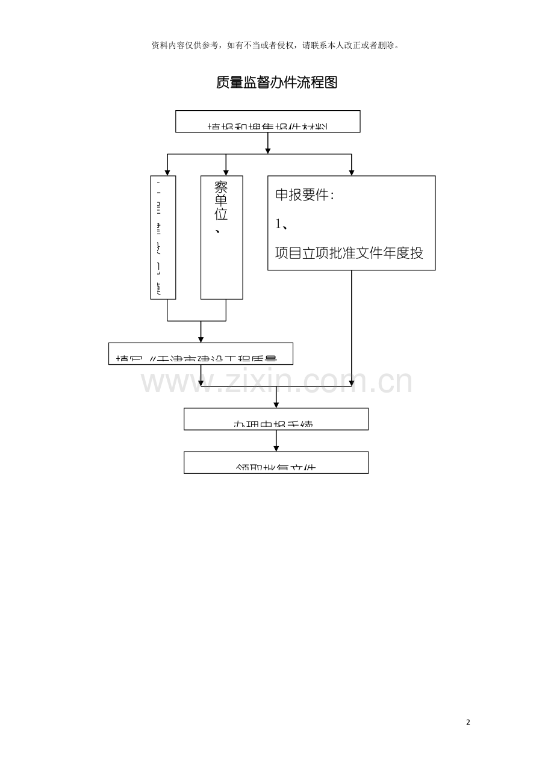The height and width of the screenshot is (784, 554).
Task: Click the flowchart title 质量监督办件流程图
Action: pos(276,82)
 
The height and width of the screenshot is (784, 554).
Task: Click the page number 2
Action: pos(468,722)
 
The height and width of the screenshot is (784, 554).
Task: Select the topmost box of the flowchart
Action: pos(267,121)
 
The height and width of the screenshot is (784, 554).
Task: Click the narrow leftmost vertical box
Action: pos(163,237)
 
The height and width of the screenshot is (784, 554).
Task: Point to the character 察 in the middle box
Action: pos(221,187)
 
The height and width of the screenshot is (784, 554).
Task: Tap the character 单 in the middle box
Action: pos(221,201)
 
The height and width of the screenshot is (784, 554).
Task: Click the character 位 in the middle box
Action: pos(221,214)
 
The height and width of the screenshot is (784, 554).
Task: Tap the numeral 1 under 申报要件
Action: pos(278,224)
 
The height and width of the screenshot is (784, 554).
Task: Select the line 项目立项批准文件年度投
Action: pos(349,253)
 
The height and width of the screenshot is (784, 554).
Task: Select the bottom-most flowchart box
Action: pos(276,462)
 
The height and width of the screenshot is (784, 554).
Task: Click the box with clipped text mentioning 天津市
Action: pos(201,353)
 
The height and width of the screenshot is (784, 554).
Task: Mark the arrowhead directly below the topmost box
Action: pos(267,149)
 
